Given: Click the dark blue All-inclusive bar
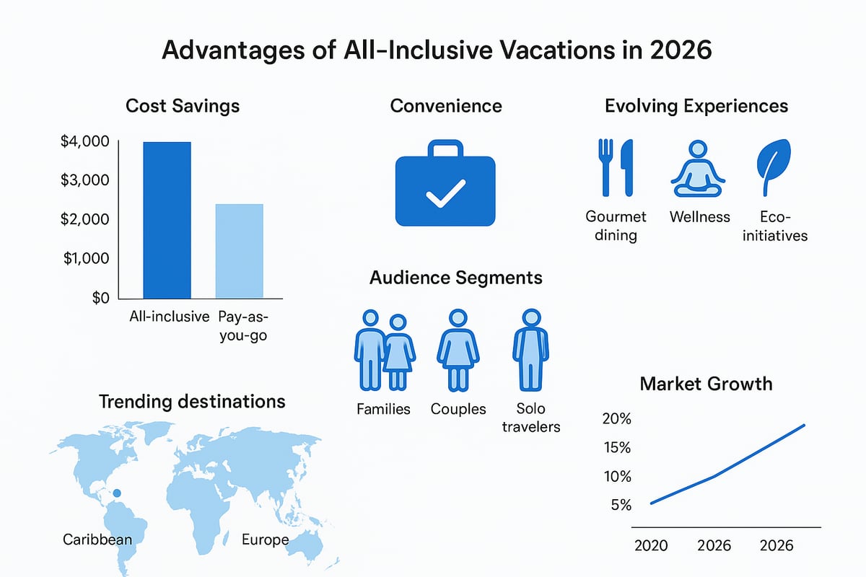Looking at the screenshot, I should tap(167, 220).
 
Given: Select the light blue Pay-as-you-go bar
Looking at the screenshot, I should tap(240, 251).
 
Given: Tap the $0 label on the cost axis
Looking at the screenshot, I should tap(100, 298).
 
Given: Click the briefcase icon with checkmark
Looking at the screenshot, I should tap(445, 184).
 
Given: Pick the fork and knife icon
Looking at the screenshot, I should tap(616, 167).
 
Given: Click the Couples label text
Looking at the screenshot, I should tap(458, 409).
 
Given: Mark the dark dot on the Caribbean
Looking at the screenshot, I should tap(118, 494).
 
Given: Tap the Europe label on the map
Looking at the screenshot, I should tap(265, 540).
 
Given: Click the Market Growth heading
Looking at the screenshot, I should tap(706, 383).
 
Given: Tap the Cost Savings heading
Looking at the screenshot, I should tap(183, 106).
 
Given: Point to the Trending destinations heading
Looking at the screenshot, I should tap(191, 401).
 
